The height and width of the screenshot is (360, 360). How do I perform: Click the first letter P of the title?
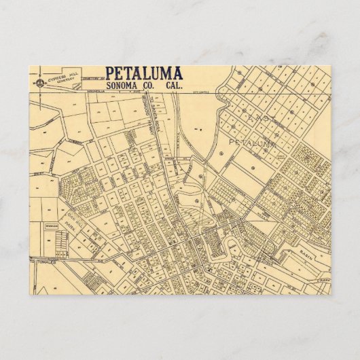coord(110,73)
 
